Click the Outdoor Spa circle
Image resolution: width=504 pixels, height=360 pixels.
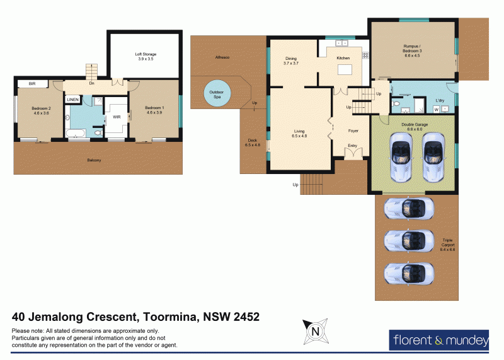click(x=217, y=95)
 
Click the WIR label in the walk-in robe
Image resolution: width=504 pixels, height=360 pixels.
click(x=117, y=117)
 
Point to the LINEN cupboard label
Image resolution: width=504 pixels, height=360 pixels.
click(x=72, y=100)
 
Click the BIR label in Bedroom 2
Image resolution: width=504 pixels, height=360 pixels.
click(x=31, y=83)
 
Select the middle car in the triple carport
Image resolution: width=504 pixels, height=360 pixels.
click(x=408, y=240)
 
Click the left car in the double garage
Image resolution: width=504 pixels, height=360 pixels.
click(x=401, y=158)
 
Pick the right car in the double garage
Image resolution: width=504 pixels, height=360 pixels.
click(x=433, y=158)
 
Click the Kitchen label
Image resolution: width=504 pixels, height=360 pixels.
click(x=343, y=58)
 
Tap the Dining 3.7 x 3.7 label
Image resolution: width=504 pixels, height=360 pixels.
click(x=290, y=61)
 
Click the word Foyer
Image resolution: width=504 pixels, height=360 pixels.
click(x=354, y=131)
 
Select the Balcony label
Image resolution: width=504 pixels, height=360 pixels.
click(x=94, y=160)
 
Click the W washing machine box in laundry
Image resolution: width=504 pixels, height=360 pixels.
click(x=437, y=109)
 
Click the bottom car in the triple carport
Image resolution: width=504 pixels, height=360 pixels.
click(x=408, y=273)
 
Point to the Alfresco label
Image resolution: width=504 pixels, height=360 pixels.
click(x=222, y=57)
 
